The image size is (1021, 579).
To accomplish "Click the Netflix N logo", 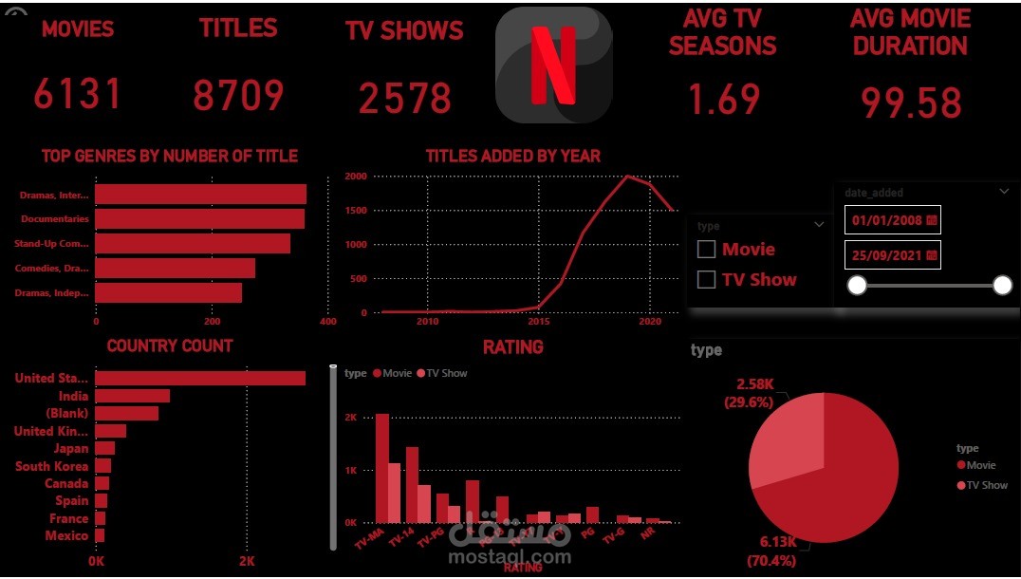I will point(553,65).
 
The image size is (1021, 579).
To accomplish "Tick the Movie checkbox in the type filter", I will point(706,250).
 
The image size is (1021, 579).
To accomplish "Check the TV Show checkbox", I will point(706,280).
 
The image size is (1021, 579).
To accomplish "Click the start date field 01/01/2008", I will point(892,220).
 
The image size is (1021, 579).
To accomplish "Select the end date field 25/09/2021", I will point(892,255).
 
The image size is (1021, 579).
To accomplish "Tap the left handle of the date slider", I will point(857,286).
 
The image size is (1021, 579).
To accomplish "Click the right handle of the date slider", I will point(1002,286).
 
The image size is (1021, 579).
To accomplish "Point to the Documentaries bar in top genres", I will point(199,219).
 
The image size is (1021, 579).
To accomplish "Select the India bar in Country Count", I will point(132,396).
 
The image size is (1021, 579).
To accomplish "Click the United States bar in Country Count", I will point(199,379).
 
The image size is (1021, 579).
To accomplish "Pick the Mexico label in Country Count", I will point(66,536).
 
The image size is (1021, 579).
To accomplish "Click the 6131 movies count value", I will point(78,94).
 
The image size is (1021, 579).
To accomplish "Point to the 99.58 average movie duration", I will point(911,103).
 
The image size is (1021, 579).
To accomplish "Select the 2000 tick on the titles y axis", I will point(356,177).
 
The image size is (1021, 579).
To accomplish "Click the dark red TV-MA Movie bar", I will point(382,468).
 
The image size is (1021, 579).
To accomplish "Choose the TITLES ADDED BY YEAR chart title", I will point(512,156).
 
